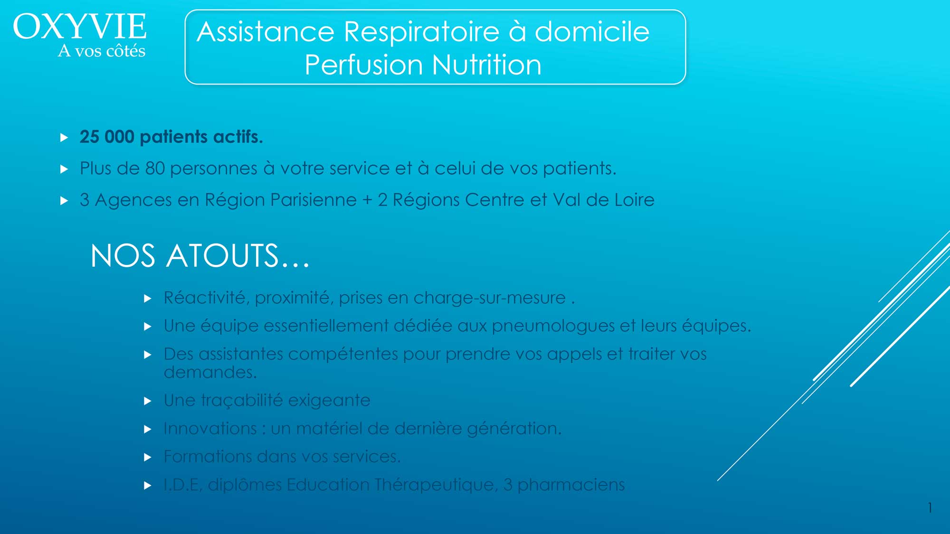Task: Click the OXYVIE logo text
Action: click(x=80, y=27)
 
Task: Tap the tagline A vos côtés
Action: click(x=102, y=50)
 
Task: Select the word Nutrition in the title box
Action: click(x=487, y=65)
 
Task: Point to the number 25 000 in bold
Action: click(x=107, y=137)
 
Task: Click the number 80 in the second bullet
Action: click(x=155, y=169)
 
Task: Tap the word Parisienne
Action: click(x=313, y=200)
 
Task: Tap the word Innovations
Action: click(x=210, y=429)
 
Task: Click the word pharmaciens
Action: click(x=571, y=485)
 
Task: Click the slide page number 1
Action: click(x=930, y=508)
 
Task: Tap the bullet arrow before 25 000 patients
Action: click(x=65, y=138)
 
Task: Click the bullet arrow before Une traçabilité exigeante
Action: click(x=148, y=401)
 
